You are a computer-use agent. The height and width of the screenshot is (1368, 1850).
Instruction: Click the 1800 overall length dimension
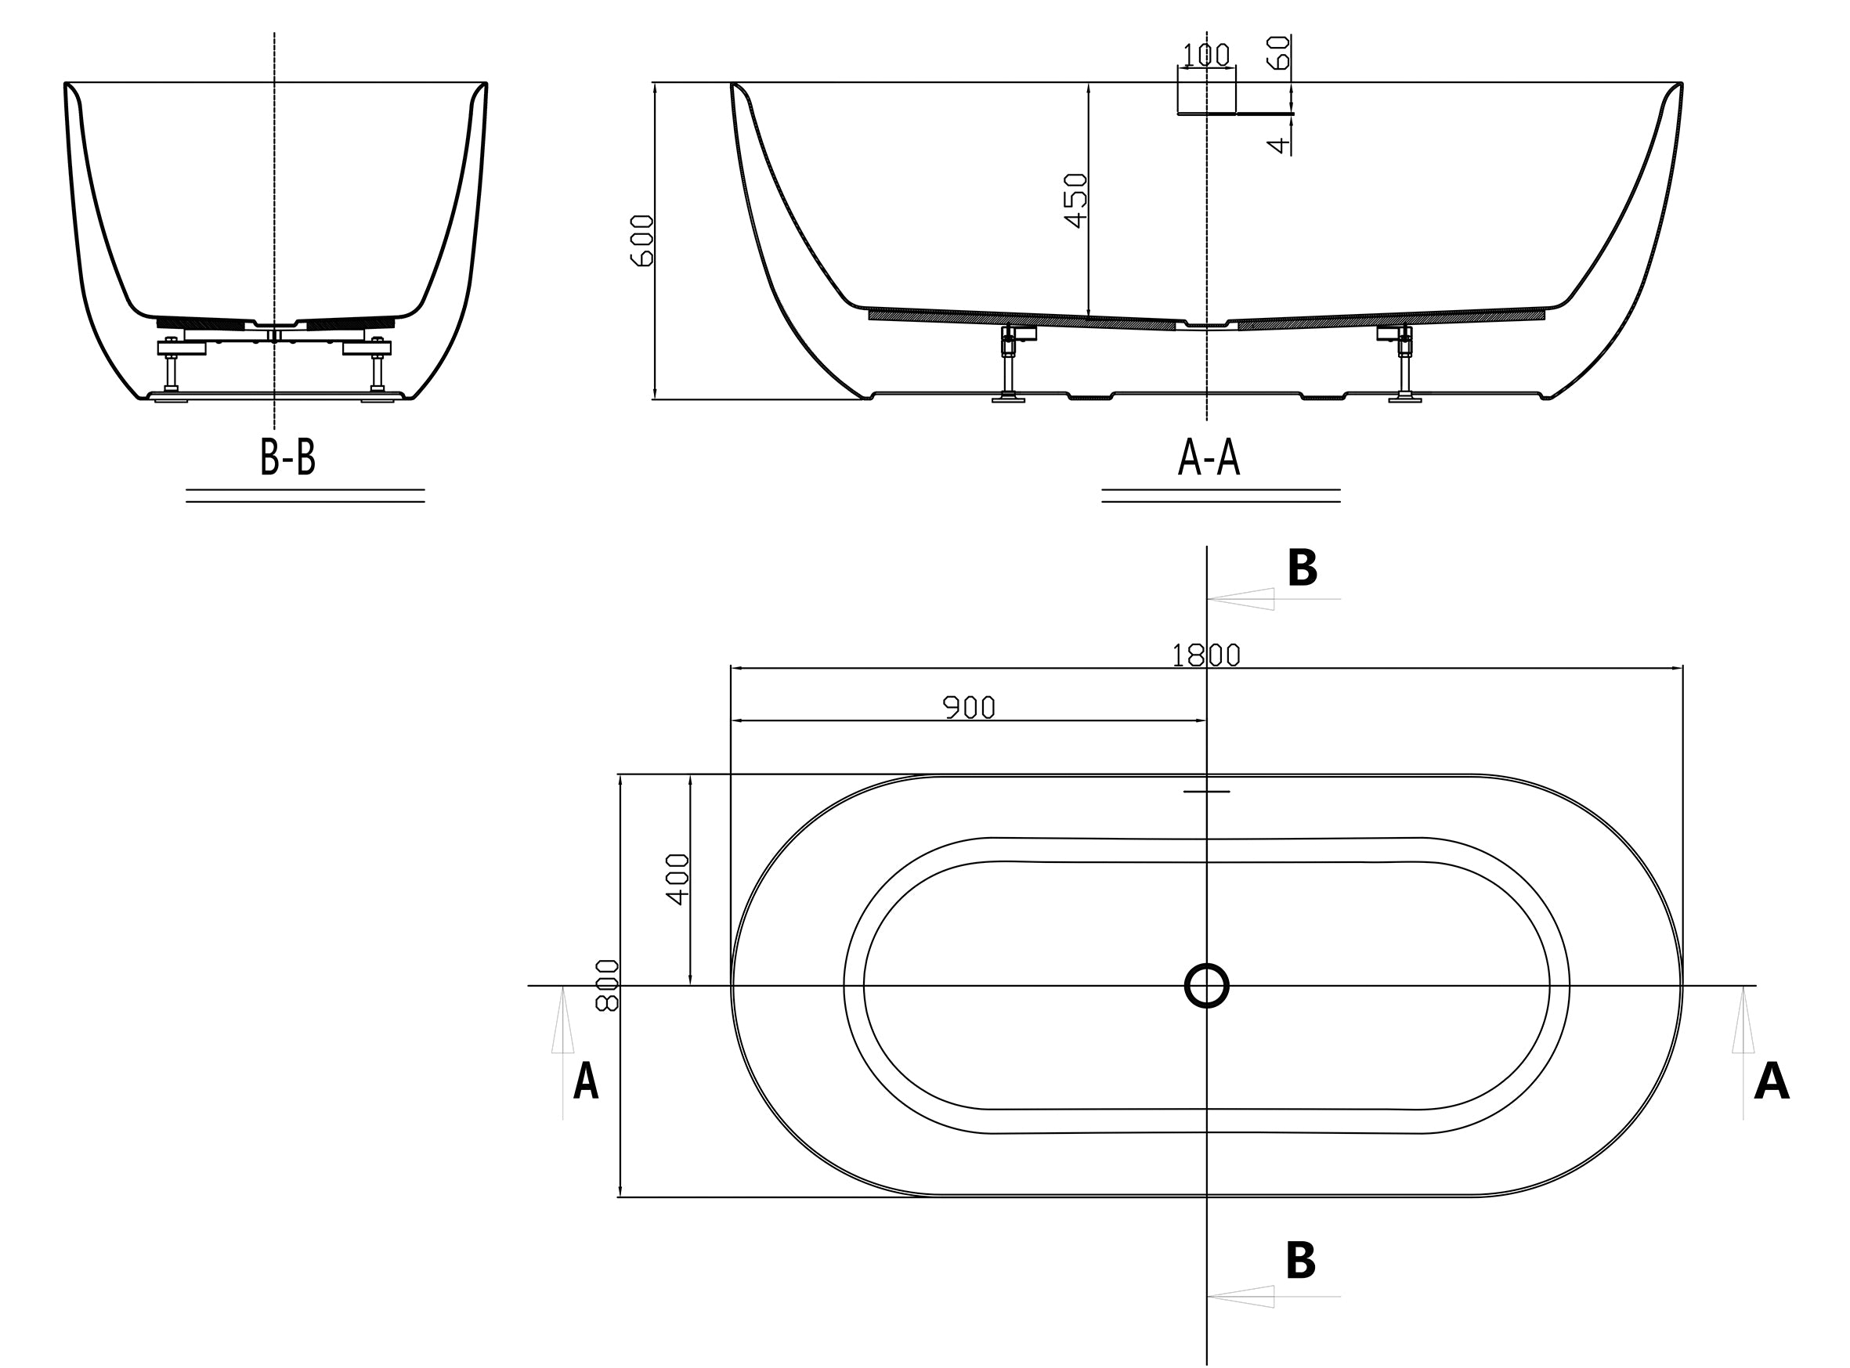tap(1205, 655)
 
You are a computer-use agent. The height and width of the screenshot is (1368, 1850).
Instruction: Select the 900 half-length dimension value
tap(969, 707)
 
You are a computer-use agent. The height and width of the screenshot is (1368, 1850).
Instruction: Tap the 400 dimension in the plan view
tap(677, 879)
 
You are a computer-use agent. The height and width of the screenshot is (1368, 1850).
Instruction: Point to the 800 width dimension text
tap(607, 985)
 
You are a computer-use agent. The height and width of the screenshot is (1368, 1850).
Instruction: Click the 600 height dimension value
tap(641, 240)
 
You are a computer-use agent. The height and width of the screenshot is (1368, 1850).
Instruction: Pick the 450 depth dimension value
tap(1075, 200)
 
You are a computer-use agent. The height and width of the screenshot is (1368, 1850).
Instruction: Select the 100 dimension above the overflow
tap(1205, 55)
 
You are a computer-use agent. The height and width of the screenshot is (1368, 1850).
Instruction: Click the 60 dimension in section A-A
tap(1280, 52)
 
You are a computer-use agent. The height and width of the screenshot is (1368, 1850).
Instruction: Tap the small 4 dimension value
tap(1280, 145)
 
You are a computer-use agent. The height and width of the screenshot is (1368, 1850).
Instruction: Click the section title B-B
tap(287, 457)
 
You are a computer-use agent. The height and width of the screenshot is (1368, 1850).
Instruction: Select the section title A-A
tap(1209, 458)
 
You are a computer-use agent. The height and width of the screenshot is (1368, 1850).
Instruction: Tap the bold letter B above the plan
tap(1302, 569)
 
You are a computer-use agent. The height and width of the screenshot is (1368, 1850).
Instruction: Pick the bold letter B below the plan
tap(1300, 1262)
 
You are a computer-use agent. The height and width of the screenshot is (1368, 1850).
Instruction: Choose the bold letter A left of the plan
tap(586, 1081)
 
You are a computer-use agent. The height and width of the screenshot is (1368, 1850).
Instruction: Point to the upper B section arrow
tap(1274, 599)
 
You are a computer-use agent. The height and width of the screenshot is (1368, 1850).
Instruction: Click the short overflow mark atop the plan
tap(1206, 792)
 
